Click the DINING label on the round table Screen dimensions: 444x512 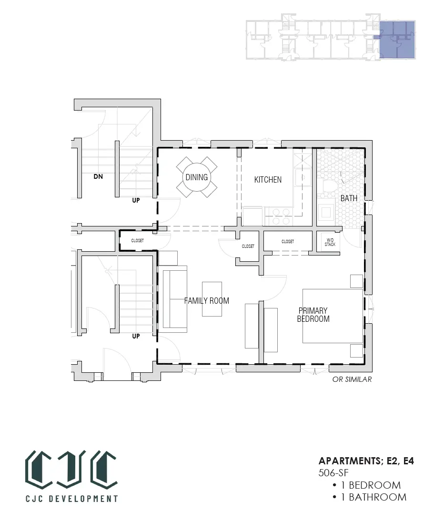click(x=196, y=177)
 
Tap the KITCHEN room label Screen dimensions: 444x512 click(x=268, y=180)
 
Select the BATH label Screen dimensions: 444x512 click(x=349, y=198)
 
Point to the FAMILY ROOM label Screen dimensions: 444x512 click(x=206, y=301)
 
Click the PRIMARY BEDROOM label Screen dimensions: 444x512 click(x=313, y=315)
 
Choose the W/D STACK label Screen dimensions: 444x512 click(x=330, y=242)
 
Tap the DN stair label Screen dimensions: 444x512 click(x=98, y=176)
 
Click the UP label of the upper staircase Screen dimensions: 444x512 click(x=136, y=200)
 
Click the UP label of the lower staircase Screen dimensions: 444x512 click(x=136, y=336)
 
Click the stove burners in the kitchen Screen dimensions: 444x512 click(x=281, y=216)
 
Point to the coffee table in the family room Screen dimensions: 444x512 click(x=212, y=299)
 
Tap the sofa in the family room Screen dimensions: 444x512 click(x=175, y=299)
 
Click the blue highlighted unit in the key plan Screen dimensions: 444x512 click(x=397, y=40)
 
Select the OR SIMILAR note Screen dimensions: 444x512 click(x=352, y=379)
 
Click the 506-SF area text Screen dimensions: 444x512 click(x=333, y=472)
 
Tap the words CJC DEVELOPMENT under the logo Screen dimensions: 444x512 click(x=72, y=499)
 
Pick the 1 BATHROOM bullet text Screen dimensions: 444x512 click(x=374, y=497)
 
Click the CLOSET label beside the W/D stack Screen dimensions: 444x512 click(x=288, y=242)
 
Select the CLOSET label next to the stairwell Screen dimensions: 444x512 click(x=137, y=241)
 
